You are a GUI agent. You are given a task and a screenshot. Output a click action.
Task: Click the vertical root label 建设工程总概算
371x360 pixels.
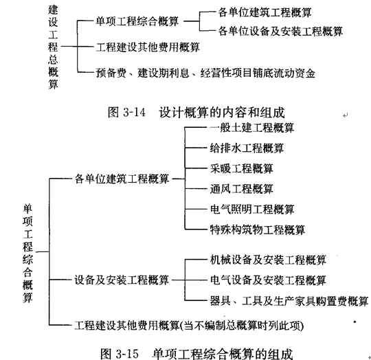53,47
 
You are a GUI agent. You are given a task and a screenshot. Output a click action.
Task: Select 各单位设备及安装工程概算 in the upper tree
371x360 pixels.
280,31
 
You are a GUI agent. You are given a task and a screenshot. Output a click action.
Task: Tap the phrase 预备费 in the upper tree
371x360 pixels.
111,73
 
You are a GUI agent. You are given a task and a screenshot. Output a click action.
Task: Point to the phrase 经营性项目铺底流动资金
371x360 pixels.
258,73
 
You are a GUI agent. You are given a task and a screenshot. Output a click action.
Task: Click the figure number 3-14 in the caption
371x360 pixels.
134,112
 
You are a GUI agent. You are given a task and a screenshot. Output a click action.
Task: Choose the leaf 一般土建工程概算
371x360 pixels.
252,128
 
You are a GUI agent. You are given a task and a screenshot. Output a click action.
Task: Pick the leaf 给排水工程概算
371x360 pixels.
247,148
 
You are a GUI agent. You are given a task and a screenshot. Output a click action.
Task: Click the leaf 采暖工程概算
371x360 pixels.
242,168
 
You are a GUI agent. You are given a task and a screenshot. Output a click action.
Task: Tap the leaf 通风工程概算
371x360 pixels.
242,189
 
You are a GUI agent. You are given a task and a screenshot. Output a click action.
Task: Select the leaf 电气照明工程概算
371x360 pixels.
252,210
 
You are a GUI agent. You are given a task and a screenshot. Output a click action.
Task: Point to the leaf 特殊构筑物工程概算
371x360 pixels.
258,229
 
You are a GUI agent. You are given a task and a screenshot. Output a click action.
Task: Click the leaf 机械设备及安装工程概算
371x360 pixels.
268,260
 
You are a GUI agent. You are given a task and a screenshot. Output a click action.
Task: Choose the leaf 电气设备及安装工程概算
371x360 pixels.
268,280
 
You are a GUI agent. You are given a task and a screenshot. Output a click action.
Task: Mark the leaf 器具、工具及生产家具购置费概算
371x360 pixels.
289,301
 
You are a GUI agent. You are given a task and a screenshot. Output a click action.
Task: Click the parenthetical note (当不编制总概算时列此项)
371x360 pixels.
242,326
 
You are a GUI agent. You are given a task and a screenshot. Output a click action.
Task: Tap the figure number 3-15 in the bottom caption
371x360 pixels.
127,354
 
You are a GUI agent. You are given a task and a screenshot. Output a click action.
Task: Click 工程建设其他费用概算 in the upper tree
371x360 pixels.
148,47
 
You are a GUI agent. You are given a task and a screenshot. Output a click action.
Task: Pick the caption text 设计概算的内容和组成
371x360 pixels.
222,113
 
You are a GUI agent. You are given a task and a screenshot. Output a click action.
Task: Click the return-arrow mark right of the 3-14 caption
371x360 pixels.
345,115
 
